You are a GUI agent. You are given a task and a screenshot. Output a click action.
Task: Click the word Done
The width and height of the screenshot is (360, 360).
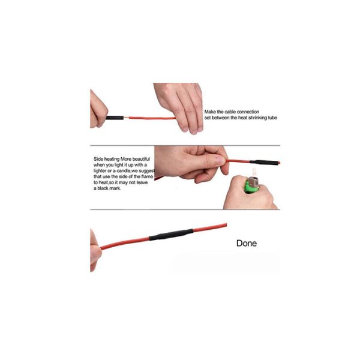point(247,243)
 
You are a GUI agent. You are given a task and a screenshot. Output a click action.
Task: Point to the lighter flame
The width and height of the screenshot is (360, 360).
point(254,172)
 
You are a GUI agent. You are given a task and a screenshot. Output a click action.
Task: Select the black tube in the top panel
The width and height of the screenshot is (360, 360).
point(115,118)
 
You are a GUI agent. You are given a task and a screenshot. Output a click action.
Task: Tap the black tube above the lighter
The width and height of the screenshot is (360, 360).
point(263,162)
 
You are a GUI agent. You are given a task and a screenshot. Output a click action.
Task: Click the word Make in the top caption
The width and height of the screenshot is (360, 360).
point(210,112)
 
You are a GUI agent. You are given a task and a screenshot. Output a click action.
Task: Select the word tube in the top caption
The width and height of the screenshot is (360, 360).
point(272,118)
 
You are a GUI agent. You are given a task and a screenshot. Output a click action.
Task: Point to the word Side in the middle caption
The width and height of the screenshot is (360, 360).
point(98,159)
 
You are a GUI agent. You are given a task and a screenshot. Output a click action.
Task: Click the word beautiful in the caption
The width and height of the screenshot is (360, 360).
point(141,159)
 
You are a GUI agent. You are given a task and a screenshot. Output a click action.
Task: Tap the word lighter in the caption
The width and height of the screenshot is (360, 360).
point(100,171)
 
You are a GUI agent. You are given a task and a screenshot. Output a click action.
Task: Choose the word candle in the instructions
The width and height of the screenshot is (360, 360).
point(124,171)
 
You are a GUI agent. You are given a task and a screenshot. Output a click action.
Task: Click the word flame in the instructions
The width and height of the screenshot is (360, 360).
point(147,176)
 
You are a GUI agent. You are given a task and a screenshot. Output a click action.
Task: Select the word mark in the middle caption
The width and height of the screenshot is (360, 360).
point(115,188)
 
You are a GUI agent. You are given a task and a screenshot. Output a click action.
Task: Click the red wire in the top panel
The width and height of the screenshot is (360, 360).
point(152,118)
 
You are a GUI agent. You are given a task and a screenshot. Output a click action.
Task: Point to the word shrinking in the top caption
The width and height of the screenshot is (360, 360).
point(257,118)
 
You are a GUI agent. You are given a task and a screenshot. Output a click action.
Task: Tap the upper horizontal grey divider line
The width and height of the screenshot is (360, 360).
point(185,146)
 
